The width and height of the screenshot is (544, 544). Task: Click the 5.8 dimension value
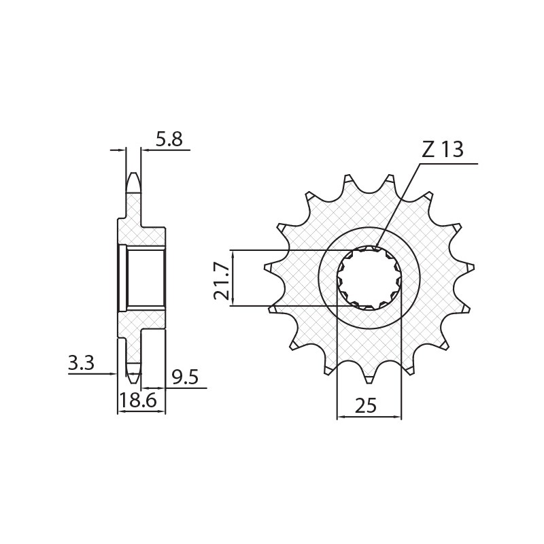169,139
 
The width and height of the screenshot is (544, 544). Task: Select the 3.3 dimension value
81,364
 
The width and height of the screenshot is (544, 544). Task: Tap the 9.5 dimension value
185,377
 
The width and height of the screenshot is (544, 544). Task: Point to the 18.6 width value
138,401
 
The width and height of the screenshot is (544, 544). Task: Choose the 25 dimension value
366,406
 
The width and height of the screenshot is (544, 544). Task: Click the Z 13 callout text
442,150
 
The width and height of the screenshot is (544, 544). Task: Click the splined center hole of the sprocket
369,278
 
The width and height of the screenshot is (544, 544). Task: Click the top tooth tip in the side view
133,178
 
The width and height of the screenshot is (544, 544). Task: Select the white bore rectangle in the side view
146,278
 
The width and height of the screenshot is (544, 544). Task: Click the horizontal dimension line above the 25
369,417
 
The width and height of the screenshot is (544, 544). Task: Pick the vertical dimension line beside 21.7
233,278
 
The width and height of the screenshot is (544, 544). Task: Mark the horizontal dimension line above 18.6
141,411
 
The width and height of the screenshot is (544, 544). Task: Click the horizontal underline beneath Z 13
449,164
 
